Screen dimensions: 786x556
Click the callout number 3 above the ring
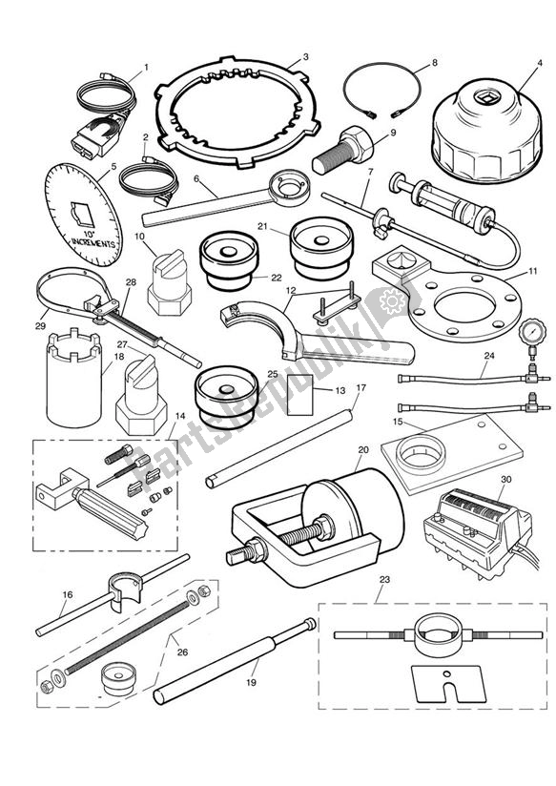(x=304, y=57)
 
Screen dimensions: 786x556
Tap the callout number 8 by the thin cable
(x=434, y=63)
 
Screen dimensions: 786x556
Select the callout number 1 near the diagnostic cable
(x=146, y=67)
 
